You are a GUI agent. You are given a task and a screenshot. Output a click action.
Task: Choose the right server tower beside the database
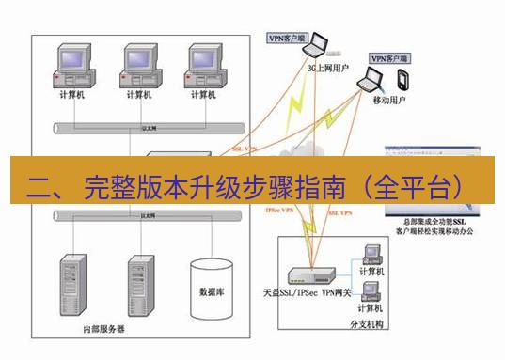pos(140,283)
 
